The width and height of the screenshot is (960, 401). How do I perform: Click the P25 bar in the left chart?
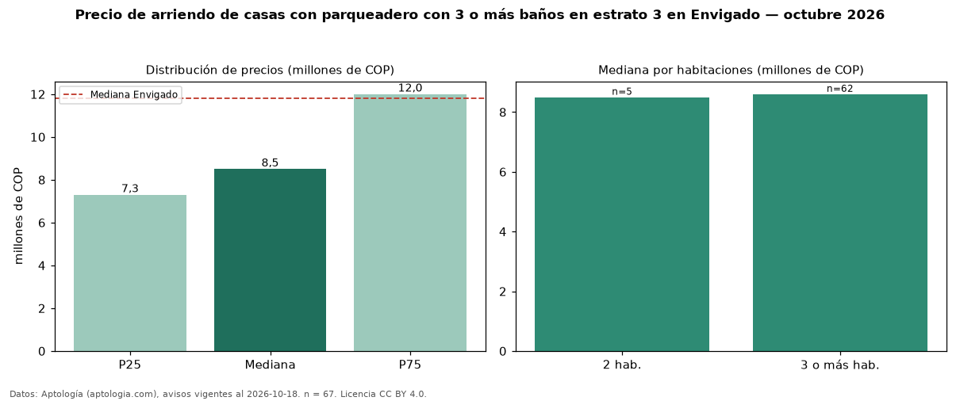[130, 273]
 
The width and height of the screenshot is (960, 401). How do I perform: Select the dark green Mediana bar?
[270, 260]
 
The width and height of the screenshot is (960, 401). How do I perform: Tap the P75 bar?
[410, 223]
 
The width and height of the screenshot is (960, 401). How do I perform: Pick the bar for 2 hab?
[622, 224]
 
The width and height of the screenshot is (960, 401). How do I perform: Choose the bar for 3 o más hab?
[840, 223]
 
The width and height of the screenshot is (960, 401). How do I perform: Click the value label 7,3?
[130, 189]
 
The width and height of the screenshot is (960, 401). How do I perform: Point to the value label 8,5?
[270, 162]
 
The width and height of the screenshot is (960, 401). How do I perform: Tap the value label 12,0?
[410, 88]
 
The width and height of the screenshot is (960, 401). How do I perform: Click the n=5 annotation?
[622, 92]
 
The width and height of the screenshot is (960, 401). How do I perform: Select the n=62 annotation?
[840, 89]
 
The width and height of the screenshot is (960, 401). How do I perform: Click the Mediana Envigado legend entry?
[121, 94]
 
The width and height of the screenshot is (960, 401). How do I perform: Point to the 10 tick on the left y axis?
[38, 137]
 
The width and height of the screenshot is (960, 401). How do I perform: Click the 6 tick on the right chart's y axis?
[503, 173]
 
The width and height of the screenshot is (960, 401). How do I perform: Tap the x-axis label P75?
[410, 365]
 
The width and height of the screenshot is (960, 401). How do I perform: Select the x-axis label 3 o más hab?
[840, 365]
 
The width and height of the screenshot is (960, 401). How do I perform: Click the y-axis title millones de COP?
[18, 216]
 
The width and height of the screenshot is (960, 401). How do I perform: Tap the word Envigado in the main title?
[725, 14]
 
